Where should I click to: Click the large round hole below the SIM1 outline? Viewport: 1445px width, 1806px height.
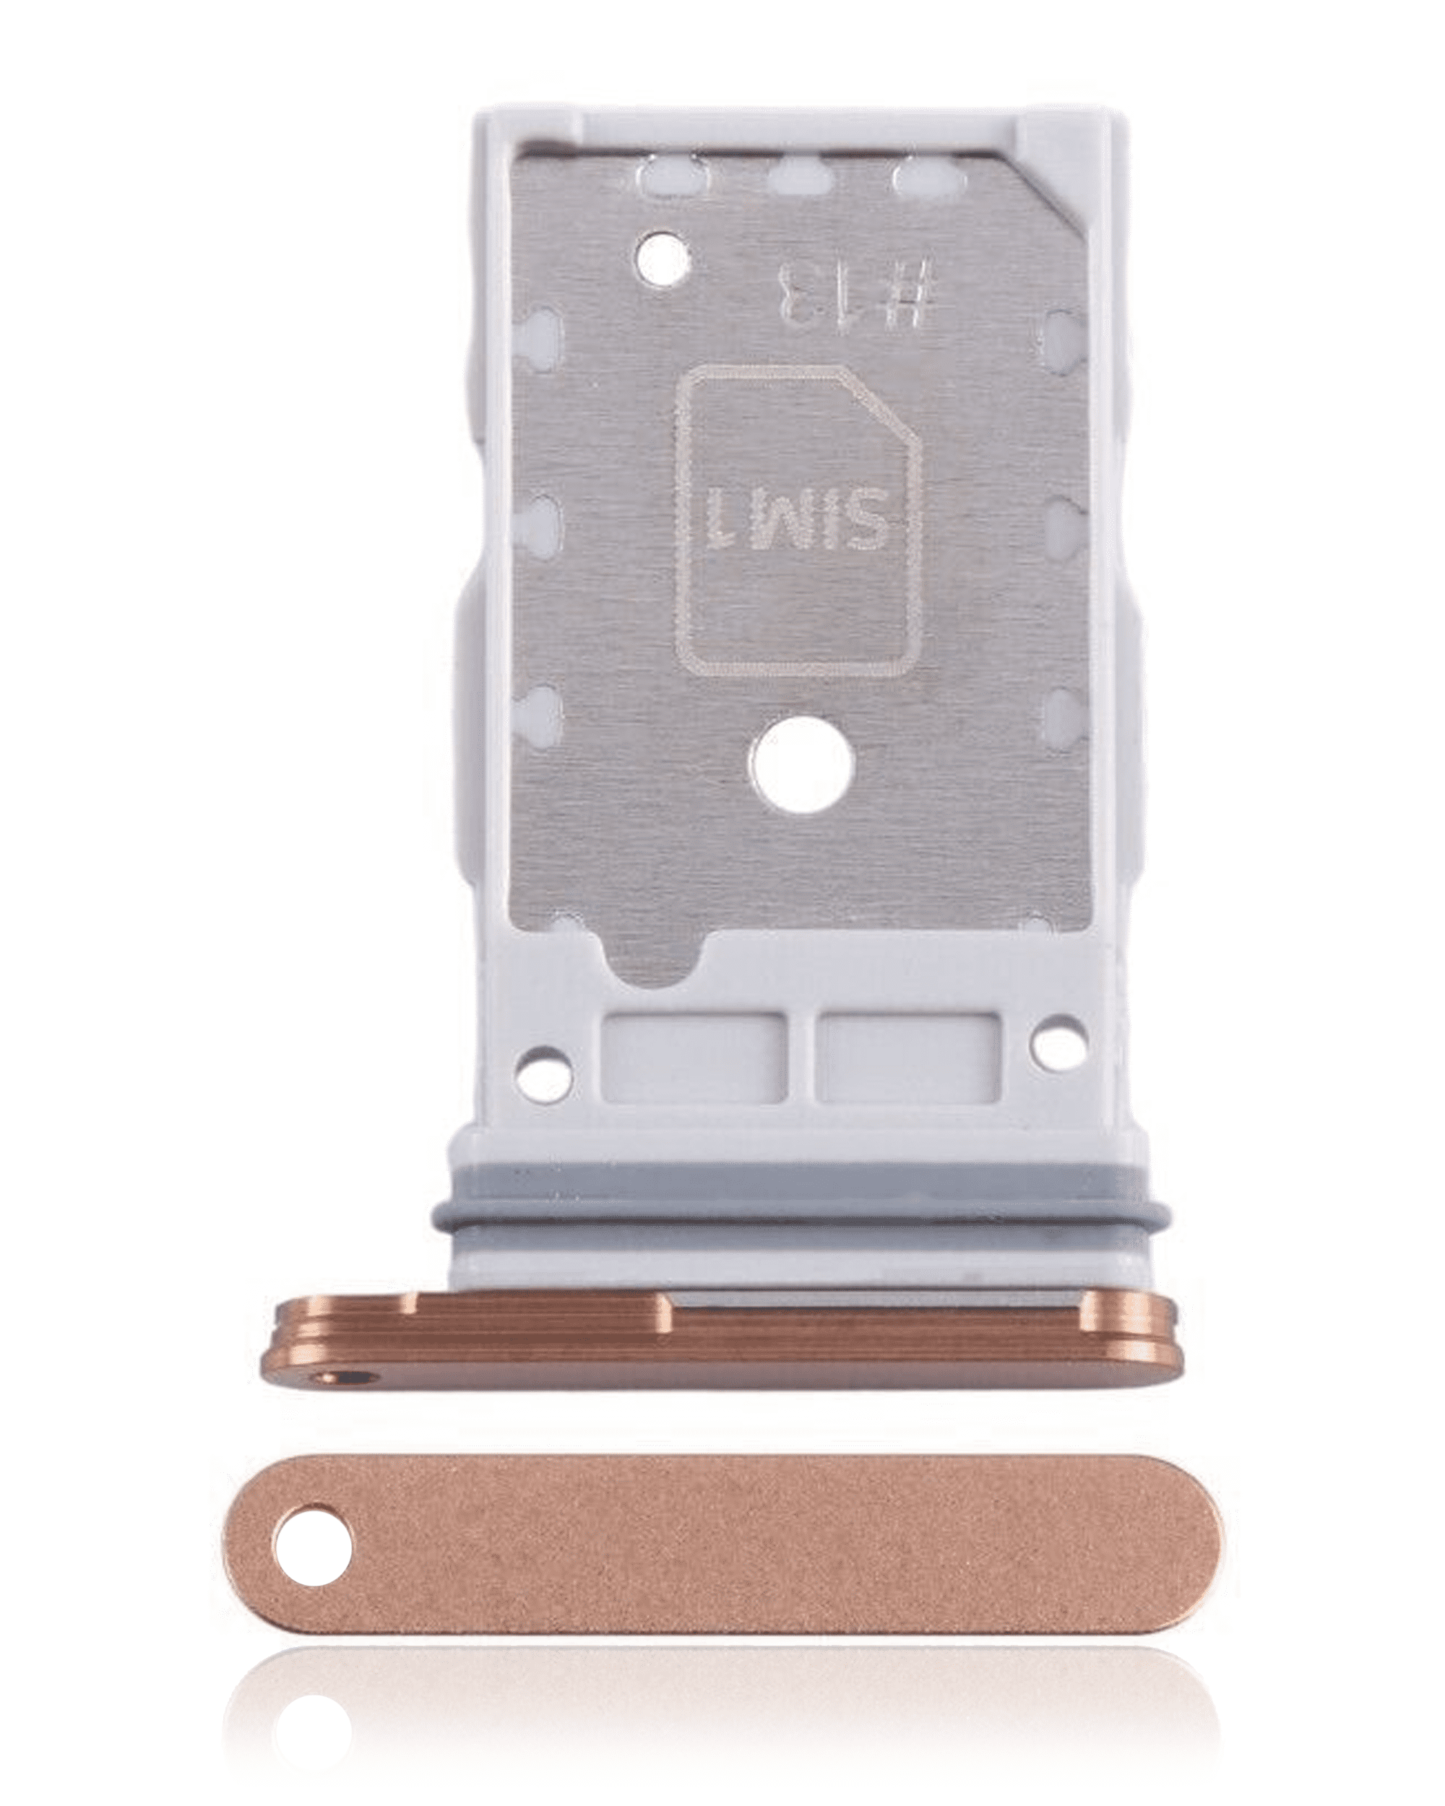click(x=803, y=766)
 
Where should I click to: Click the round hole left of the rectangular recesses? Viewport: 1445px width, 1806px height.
click(x=545, y=1075)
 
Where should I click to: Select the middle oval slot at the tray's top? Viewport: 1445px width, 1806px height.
click(x=800, y=177)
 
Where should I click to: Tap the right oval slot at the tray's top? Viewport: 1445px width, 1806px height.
click(x=925, y=178)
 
